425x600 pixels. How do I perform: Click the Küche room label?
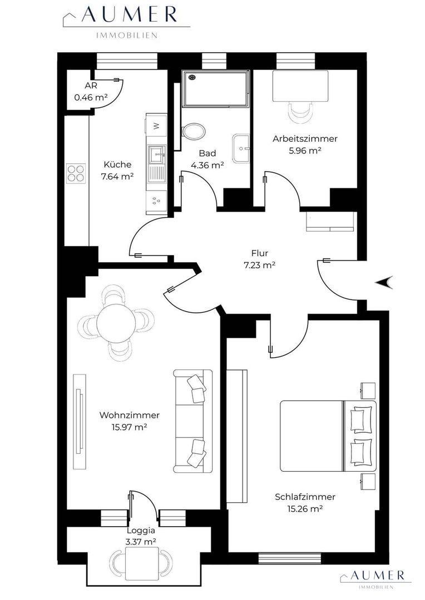(117, 164)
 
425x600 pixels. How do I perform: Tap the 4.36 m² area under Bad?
(207, 166)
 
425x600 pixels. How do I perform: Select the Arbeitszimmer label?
(305, 138)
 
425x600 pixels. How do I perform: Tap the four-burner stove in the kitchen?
(76, 173)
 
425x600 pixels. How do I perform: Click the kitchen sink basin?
(157, 154)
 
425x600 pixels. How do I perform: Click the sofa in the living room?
(193, 421)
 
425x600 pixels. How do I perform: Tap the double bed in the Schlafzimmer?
(328, 436)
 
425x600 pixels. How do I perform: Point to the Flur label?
(260, 253)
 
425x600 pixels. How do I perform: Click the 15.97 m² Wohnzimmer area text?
(130, 427)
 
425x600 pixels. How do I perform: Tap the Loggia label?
(141, 531)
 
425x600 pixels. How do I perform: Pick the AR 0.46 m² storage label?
(91, 92)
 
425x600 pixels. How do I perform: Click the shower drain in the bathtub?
(192, 77)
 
